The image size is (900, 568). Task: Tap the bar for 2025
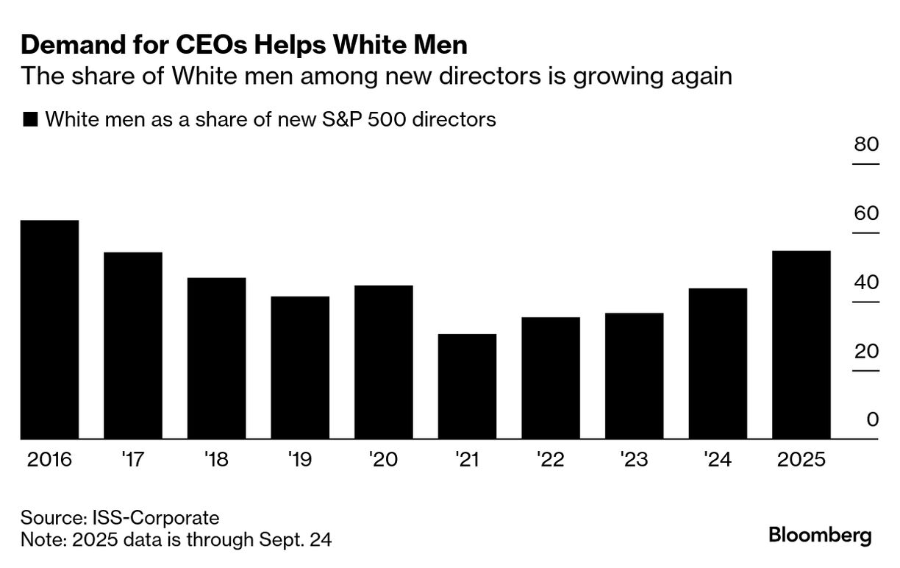[x=801, y=345]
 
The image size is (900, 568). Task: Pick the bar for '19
[x=300, y=368]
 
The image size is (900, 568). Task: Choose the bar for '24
[x=718, y=363]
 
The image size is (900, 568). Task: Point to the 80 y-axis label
[x=866, y=144]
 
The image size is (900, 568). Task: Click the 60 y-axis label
[x=866, y=213]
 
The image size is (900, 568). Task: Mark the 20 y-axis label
[x=866, y=351]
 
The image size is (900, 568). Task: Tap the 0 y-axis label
[x=873, y=419]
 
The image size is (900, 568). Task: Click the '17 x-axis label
[x=132, y=461]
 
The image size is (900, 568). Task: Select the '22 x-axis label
[x=550, y=461]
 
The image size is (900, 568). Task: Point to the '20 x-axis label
[x=383, y=461]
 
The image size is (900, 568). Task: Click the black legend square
[x=30, y=119]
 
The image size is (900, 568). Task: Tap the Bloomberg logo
[x=820, y=536]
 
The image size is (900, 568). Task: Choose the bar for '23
[x=634, y=376]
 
